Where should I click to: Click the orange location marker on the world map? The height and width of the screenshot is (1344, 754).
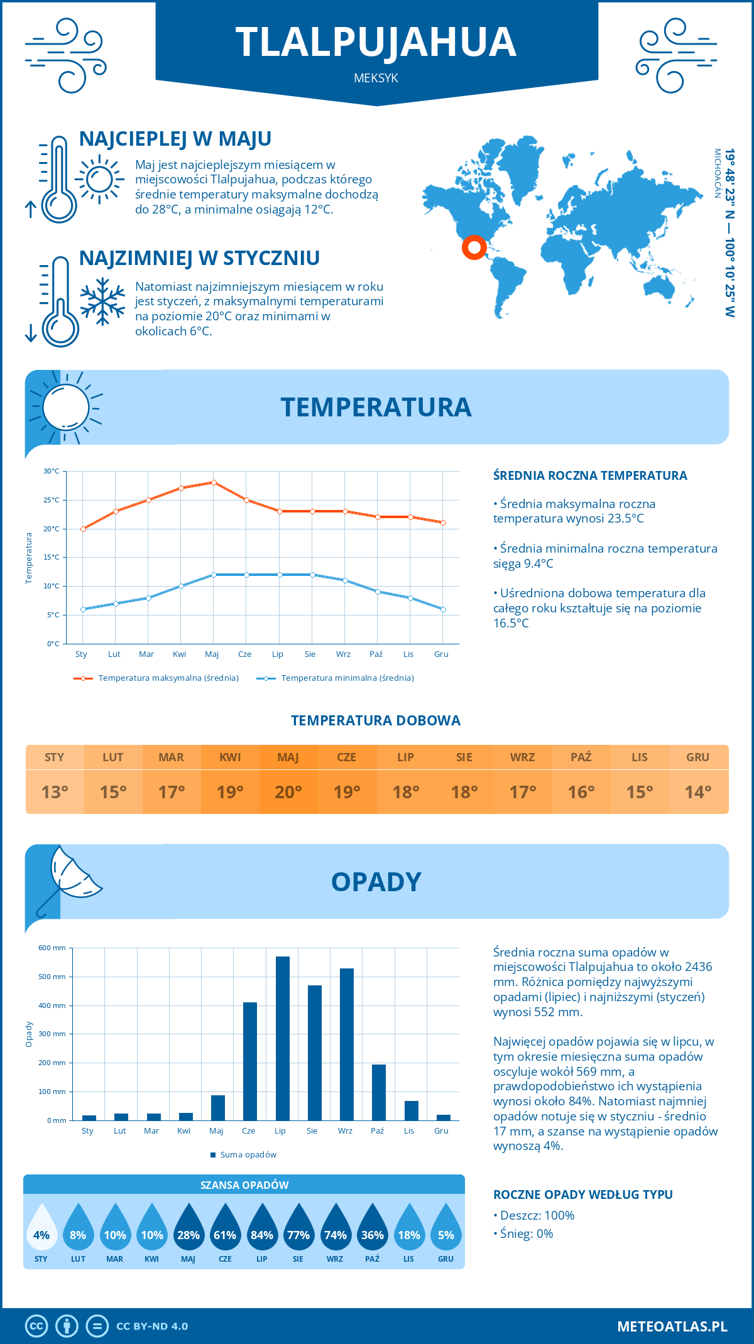pos(474,247)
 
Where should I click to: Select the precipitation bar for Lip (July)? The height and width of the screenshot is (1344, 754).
pos(282,1038)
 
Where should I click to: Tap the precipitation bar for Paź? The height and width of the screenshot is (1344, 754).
pos(378,1092)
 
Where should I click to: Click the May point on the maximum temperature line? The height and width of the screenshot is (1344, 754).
pos(214,482)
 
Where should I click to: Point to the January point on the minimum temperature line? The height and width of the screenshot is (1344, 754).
pos(83,609)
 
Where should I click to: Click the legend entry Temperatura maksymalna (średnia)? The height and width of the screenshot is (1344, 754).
pos(156,678)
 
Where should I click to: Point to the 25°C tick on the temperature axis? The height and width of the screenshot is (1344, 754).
pos(52,501)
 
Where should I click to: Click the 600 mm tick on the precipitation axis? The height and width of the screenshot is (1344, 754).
pos(53,948)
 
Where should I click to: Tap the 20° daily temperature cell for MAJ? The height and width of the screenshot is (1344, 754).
pos(288,792)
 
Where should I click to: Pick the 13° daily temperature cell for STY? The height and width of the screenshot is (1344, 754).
pos(55,792)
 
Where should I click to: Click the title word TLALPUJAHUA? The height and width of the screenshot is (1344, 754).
pos(376,43)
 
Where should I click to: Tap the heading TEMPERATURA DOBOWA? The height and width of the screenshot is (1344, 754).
pos(376,721)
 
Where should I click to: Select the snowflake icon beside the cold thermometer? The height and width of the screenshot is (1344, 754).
pos(102,301)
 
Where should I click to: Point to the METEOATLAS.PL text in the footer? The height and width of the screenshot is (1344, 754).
pos(672,1326)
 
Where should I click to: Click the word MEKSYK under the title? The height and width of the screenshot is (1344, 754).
pos(376,79)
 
